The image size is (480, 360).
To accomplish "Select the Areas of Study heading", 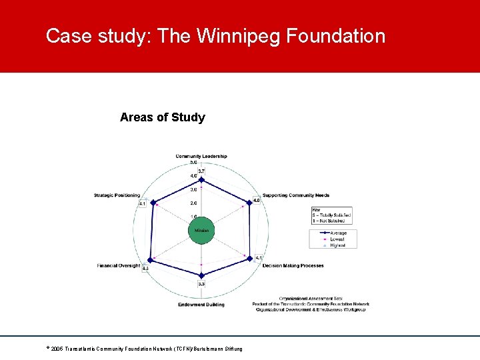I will pos(163,117).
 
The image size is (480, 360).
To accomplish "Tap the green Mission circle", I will pos(201,231).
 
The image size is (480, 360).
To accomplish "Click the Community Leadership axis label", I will pos(201,157).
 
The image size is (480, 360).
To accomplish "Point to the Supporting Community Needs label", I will pos(295,195).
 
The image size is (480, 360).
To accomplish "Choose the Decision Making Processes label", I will pos(293,265).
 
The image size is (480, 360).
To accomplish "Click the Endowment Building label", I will pos(201,305).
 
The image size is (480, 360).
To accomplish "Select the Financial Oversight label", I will pos(119,265).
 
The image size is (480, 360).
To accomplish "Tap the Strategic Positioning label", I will pos(117,195).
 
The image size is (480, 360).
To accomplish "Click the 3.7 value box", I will pos(201,171).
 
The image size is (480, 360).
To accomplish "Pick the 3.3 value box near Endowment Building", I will pos(201,284).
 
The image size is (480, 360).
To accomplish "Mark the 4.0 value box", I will pos(257,201).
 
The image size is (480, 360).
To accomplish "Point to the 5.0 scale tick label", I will pos(193,162).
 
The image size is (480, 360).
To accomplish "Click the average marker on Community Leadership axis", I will pos(201,180).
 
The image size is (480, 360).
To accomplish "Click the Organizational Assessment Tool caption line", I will pos(310,298).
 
